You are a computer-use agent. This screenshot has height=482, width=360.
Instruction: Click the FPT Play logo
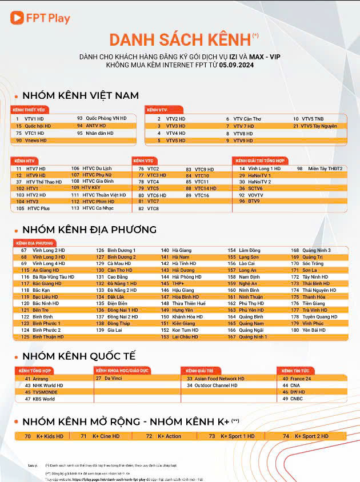pos(40,18)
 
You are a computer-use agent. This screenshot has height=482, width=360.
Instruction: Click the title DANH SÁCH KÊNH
pos(180,39)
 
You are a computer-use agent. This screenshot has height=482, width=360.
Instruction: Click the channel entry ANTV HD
pos(96,126)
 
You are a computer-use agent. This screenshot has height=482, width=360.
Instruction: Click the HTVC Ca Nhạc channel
pos(98,208)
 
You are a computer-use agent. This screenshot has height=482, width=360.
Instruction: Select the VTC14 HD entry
pos(205,188)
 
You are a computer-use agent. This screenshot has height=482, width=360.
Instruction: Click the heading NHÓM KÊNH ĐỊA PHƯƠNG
pos(89,230)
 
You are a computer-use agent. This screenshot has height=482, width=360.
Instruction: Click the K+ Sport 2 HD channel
pos(311,436)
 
